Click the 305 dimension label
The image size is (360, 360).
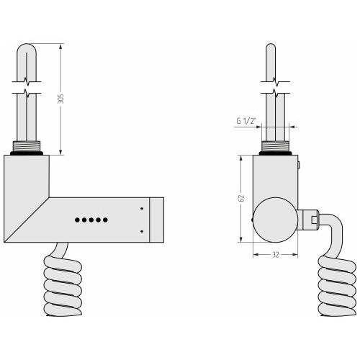61,99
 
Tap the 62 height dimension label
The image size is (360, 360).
241,198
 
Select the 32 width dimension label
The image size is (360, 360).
276,255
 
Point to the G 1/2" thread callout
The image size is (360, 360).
246,121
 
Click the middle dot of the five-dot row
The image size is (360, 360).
91,220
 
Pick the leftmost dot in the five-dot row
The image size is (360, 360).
77,220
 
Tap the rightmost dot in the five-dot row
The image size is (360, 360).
105,220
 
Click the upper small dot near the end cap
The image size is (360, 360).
142,209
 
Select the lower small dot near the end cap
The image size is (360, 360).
142,231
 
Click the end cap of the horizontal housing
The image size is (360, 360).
157,220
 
